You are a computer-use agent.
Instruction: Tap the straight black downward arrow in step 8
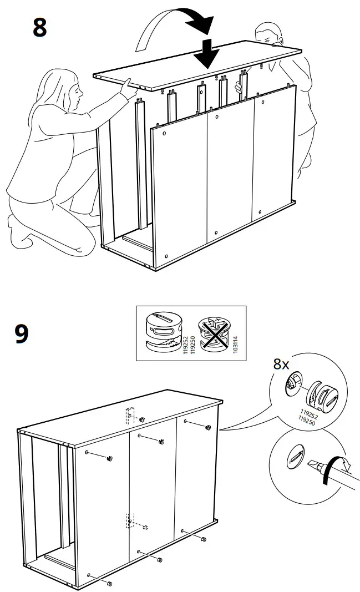point(207,53)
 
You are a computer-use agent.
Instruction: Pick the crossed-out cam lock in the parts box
point(215,335)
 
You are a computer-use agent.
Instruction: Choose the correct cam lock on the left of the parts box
point(163,332)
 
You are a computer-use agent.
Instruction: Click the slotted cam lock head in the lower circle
point(295,458)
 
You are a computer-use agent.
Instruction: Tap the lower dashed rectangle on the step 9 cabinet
point(128,520)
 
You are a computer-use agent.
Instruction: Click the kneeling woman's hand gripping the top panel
point(127,84)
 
